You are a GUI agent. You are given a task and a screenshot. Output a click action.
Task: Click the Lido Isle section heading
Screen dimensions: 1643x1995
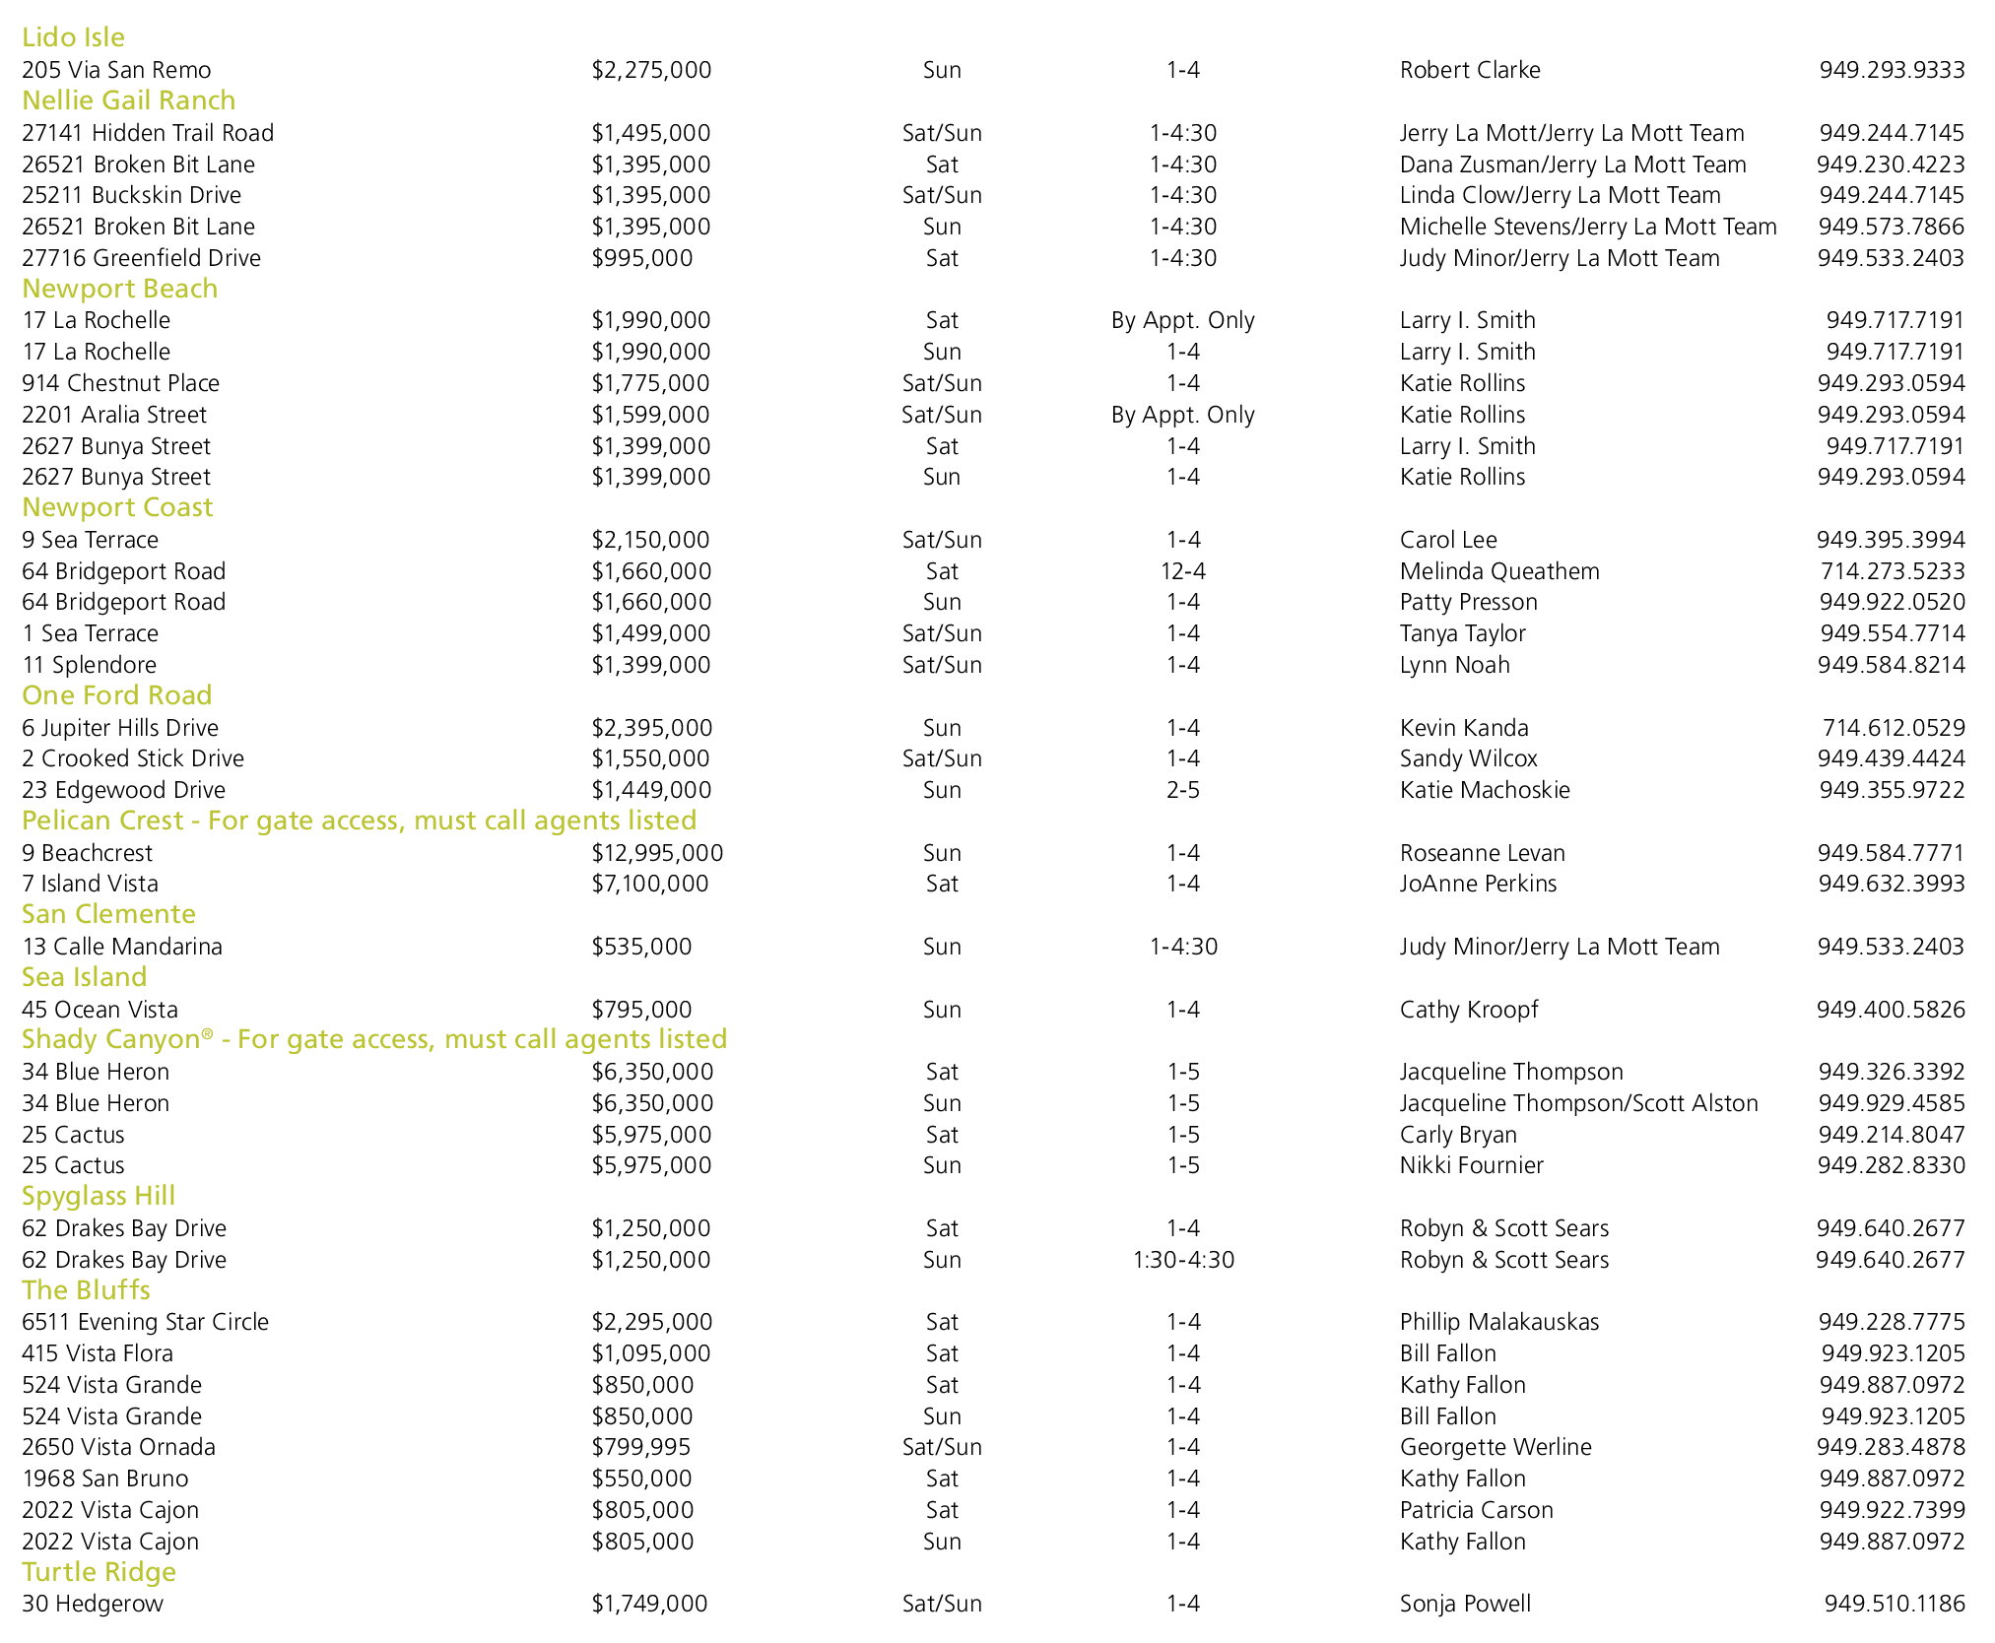(73, 37)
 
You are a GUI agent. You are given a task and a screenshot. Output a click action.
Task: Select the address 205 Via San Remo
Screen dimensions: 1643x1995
(116, 70)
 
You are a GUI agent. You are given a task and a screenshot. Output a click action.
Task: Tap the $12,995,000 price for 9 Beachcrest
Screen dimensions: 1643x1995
(657, 853)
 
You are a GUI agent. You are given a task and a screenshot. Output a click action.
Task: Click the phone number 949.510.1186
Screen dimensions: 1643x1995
(1894, 1604)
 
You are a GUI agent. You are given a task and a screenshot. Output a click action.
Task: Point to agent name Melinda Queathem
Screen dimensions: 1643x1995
(1498, 571)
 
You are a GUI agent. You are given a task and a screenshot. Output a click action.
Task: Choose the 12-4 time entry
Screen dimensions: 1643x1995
(1182, 571)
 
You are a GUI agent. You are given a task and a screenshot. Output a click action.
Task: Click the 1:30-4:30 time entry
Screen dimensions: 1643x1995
(1182, 1260)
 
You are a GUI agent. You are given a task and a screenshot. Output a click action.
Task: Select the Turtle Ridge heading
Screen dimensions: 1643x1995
(99, 1572)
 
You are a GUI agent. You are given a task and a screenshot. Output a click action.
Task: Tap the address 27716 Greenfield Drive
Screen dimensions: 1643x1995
(141, 258)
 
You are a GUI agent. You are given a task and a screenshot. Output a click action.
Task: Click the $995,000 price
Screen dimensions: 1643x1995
(641, 258)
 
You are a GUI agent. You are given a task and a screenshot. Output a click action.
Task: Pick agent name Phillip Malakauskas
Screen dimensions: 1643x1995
(1498, 1322)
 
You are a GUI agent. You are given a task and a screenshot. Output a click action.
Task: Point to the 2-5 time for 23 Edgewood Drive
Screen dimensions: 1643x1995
(1182, 790)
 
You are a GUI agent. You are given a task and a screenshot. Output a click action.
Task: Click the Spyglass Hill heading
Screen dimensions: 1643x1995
(99, 1196)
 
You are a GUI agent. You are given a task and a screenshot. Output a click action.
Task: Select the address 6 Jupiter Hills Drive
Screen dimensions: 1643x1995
(120, 728)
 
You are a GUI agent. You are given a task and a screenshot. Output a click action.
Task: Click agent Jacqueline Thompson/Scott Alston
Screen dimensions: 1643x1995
(1578, 1103)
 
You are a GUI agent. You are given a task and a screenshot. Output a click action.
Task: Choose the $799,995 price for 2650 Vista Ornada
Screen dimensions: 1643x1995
(640, 1447)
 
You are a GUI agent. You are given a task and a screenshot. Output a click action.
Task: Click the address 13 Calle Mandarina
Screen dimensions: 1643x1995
(122, 947)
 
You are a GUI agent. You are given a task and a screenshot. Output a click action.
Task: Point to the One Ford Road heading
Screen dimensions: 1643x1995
(116, 695)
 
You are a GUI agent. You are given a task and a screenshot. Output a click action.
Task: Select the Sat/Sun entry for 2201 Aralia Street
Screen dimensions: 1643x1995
(941, 415)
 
